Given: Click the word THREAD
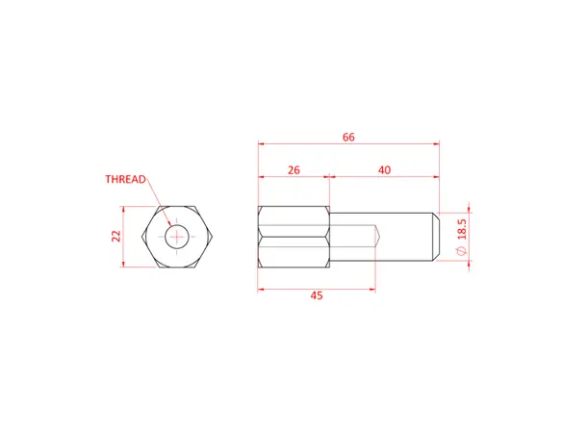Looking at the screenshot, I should [125, 179].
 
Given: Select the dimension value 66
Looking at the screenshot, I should [348, 138].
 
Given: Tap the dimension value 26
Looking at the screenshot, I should [293, 169].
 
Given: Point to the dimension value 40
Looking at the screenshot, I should [384, 169].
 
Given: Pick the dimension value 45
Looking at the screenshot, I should [317, 295].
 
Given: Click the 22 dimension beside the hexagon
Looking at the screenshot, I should [116, 236].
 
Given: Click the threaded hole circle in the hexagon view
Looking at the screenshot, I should [176, 237].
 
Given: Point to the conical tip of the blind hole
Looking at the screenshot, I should [380, 237].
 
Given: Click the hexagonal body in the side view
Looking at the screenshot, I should [293, 237].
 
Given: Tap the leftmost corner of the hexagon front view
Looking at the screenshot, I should [141, 237].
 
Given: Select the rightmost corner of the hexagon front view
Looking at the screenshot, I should [212, 237].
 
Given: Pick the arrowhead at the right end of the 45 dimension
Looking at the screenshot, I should [371, 288].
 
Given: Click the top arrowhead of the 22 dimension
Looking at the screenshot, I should [126, 209].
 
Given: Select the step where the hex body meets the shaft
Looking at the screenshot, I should [329, 237].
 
